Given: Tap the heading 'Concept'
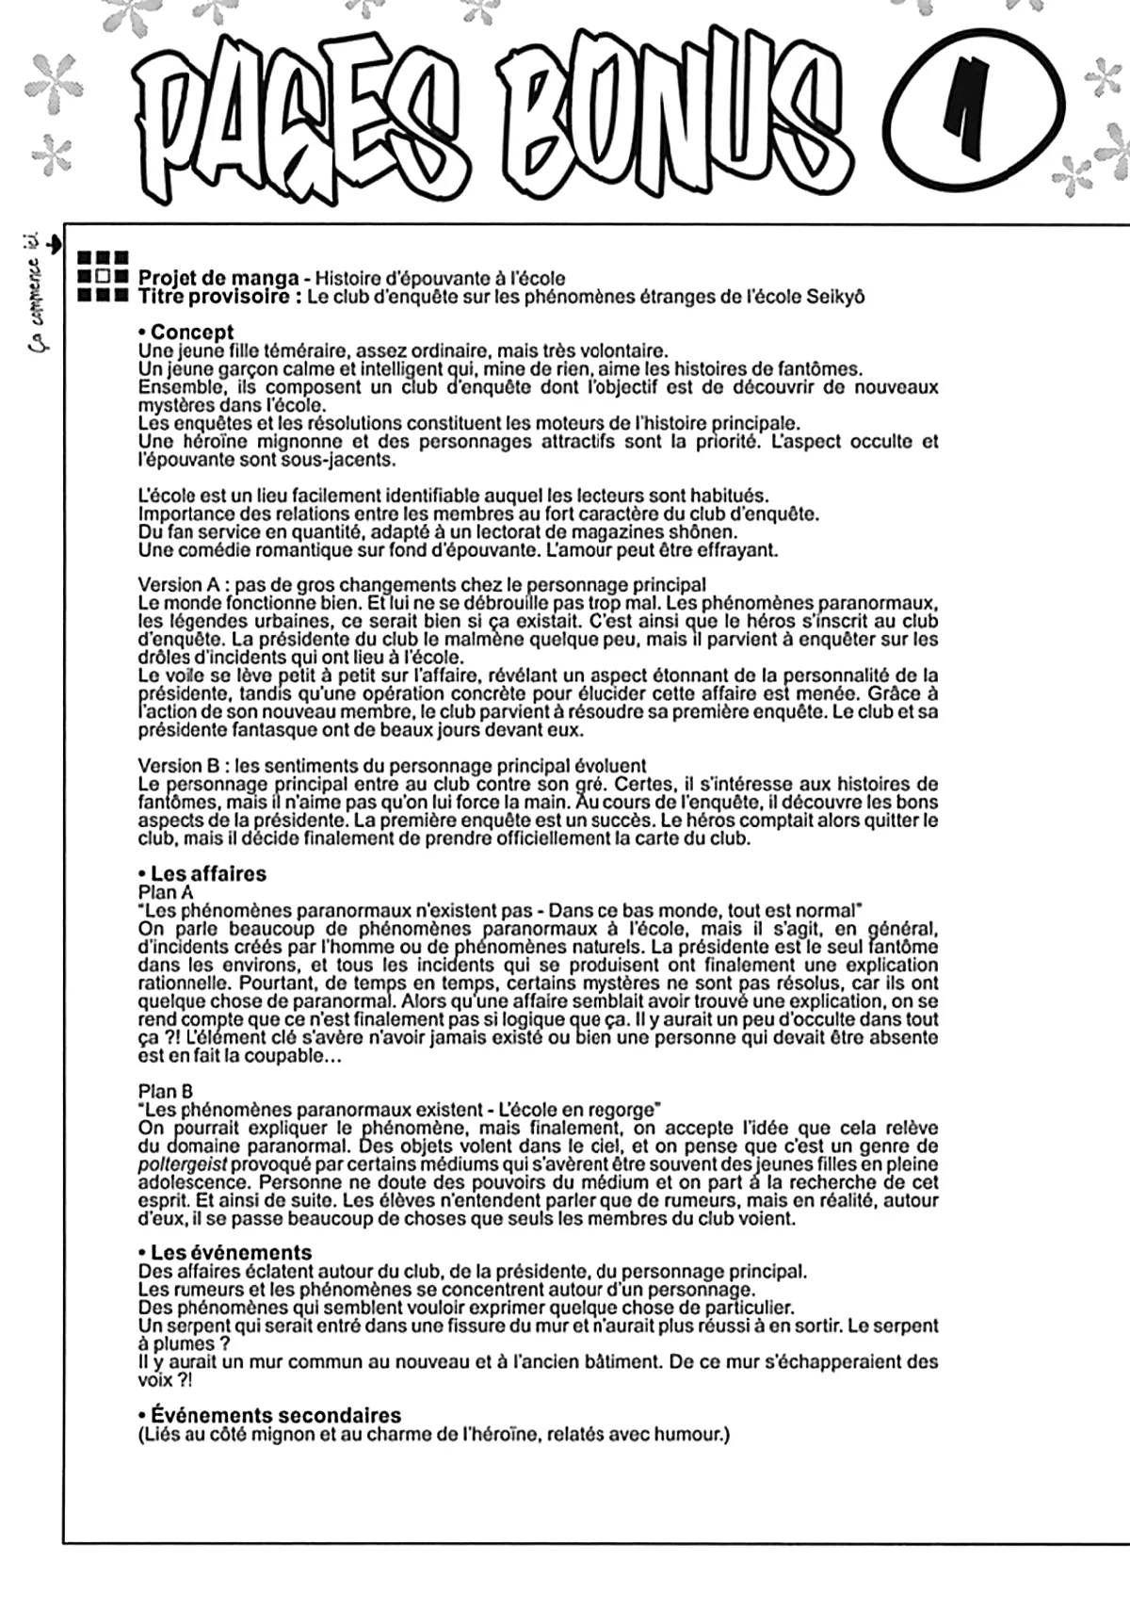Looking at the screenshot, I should tap(192, 333).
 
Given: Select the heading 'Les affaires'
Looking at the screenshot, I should tap(208, 873).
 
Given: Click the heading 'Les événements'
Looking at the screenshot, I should tap(231, 1253).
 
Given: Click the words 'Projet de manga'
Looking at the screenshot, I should tap(218, 278).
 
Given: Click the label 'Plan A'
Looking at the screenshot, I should tap(165, 892).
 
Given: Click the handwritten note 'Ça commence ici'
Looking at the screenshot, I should tap(40, 292).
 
